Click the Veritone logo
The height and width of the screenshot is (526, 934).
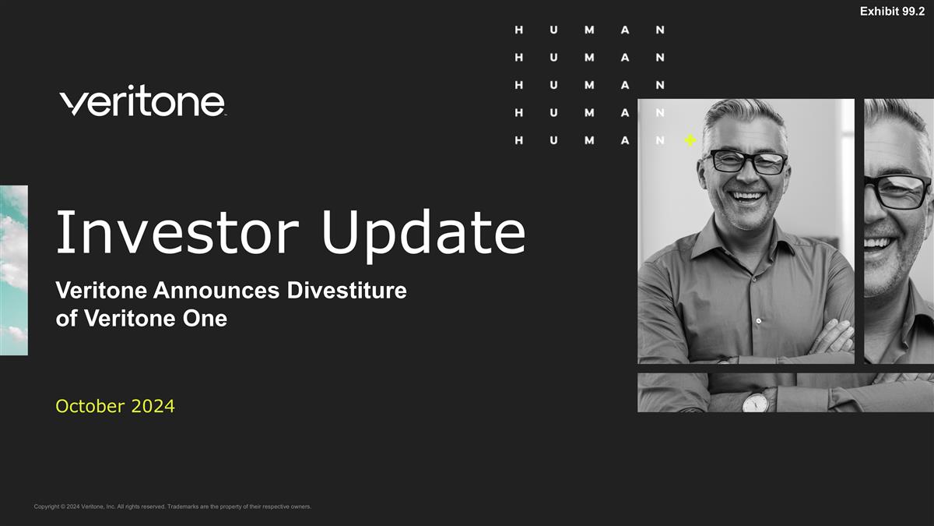[142, 101]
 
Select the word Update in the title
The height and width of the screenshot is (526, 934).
[423, 232]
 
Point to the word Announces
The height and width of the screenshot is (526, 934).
[219, 291]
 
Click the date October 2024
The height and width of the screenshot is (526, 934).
[115, 406]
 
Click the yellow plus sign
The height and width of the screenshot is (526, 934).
[690, 140]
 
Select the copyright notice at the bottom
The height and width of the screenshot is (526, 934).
[173, 507]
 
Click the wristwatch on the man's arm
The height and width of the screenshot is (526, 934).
[754, 401]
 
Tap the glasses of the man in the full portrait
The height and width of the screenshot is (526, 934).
[745, 161]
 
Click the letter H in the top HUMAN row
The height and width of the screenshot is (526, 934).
[519, 30]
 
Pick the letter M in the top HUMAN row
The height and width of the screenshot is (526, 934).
[589, 30]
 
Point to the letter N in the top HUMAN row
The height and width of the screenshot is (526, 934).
[660, 30]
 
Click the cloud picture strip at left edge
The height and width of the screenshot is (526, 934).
[13, 270]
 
